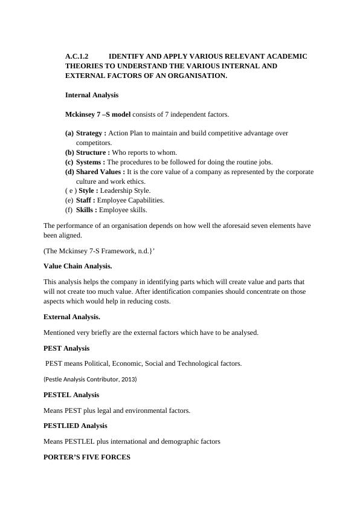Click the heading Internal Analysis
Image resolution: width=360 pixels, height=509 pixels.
(x=92, y=95)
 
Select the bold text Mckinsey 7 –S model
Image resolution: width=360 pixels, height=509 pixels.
(x=98, y=114)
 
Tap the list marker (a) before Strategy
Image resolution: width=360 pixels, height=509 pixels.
(x=69, y=133)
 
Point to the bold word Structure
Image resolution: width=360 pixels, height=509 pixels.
(x=92, y=152)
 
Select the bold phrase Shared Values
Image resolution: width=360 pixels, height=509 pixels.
(x=100, y=172)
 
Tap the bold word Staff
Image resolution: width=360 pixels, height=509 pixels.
(x=85, y=200)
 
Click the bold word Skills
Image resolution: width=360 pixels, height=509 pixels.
(x=86, y=210)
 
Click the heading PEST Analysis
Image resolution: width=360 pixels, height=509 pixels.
(x=66, y=348)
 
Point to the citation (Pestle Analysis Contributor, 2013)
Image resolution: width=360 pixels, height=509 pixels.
(x=90, y=379)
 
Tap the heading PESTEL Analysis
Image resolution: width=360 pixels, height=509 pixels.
(x=71, y=395)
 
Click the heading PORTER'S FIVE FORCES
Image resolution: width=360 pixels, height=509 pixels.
(x=87, y=458)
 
